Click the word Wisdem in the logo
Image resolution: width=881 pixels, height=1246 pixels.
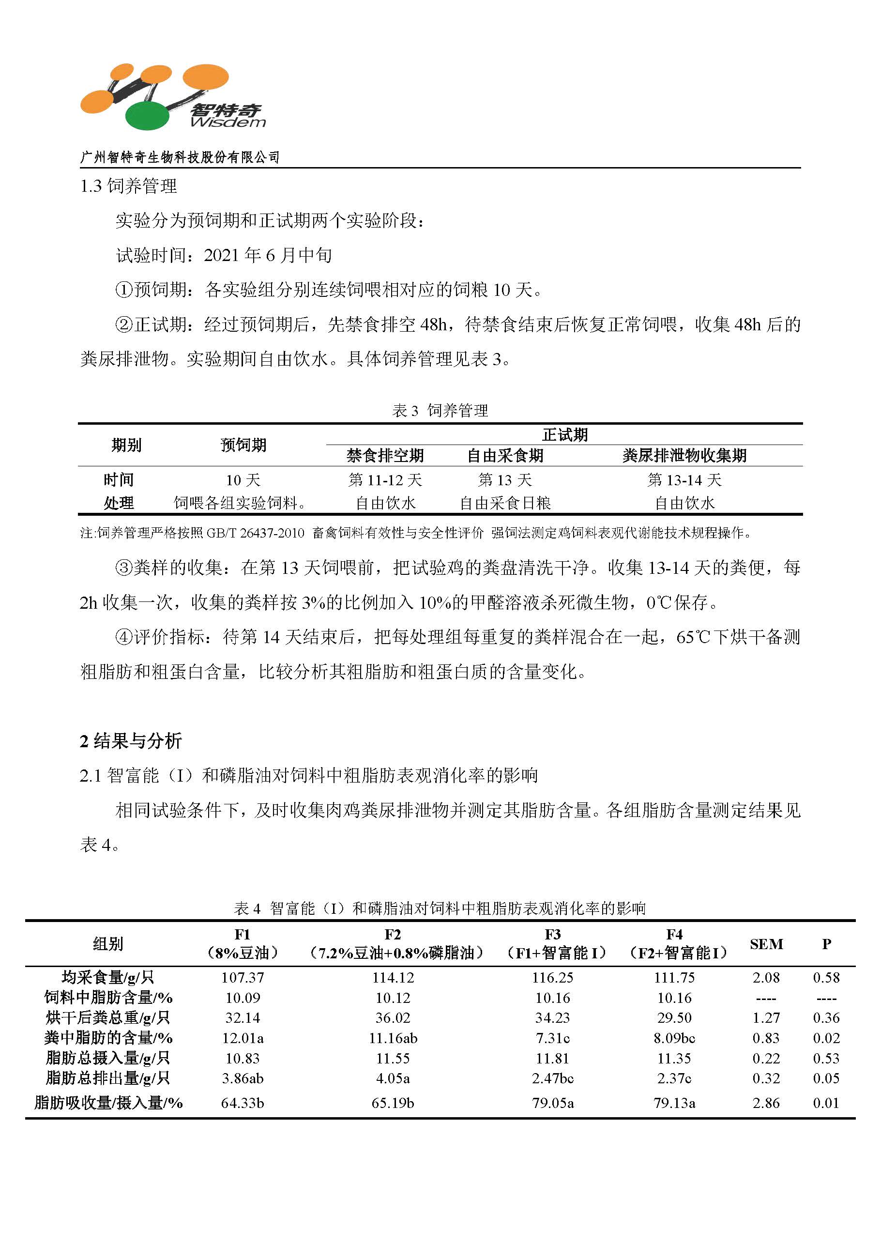[x=228, y=122]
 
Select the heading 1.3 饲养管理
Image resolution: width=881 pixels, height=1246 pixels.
[x=129, y=186]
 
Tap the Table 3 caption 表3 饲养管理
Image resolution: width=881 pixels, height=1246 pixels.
[x=440, y=410]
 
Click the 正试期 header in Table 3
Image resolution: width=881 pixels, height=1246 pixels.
[x=564, y=435]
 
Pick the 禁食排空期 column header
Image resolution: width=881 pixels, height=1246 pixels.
[x=385, y=455]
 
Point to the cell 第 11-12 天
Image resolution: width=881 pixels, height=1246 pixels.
[x=385, y=480]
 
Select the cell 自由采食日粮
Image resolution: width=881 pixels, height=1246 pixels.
[x=505, y=503]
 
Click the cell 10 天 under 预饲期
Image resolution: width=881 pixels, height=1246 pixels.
[x=243, y=480]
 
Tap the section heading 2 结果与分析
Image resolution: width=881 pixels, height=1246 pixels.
[x=131, y=741]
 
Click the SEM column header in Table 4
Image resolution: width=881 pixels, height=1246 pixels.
[x=766, y=944]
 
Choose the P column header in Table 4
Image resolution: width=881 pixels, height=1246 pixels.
[x=826, y=944]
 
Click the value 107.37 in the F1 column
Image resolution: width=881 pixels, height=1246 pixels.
[x=243, y=977]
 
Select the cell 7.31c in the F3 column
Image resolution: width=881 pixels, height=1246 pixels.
[x=553, y=1038]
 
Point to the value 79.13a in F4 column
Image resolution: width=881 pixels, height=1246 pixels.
[x=674, y=1103]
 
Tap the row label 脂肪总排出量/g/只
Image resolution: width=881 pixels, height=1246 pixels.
[x=108, y=1078]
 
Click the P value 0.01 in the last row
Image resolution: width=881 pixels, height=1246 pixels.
[x=826, y=1103]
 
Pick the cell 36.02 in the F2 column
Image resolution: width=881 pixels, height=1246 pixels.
[x=393, y=1017]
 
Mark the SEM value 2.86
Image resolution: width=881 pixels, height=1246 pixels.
[x=766, y=1103]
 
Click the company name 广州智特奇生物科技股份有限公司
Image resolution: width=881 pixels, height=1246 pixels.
[x=180, y=157]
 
